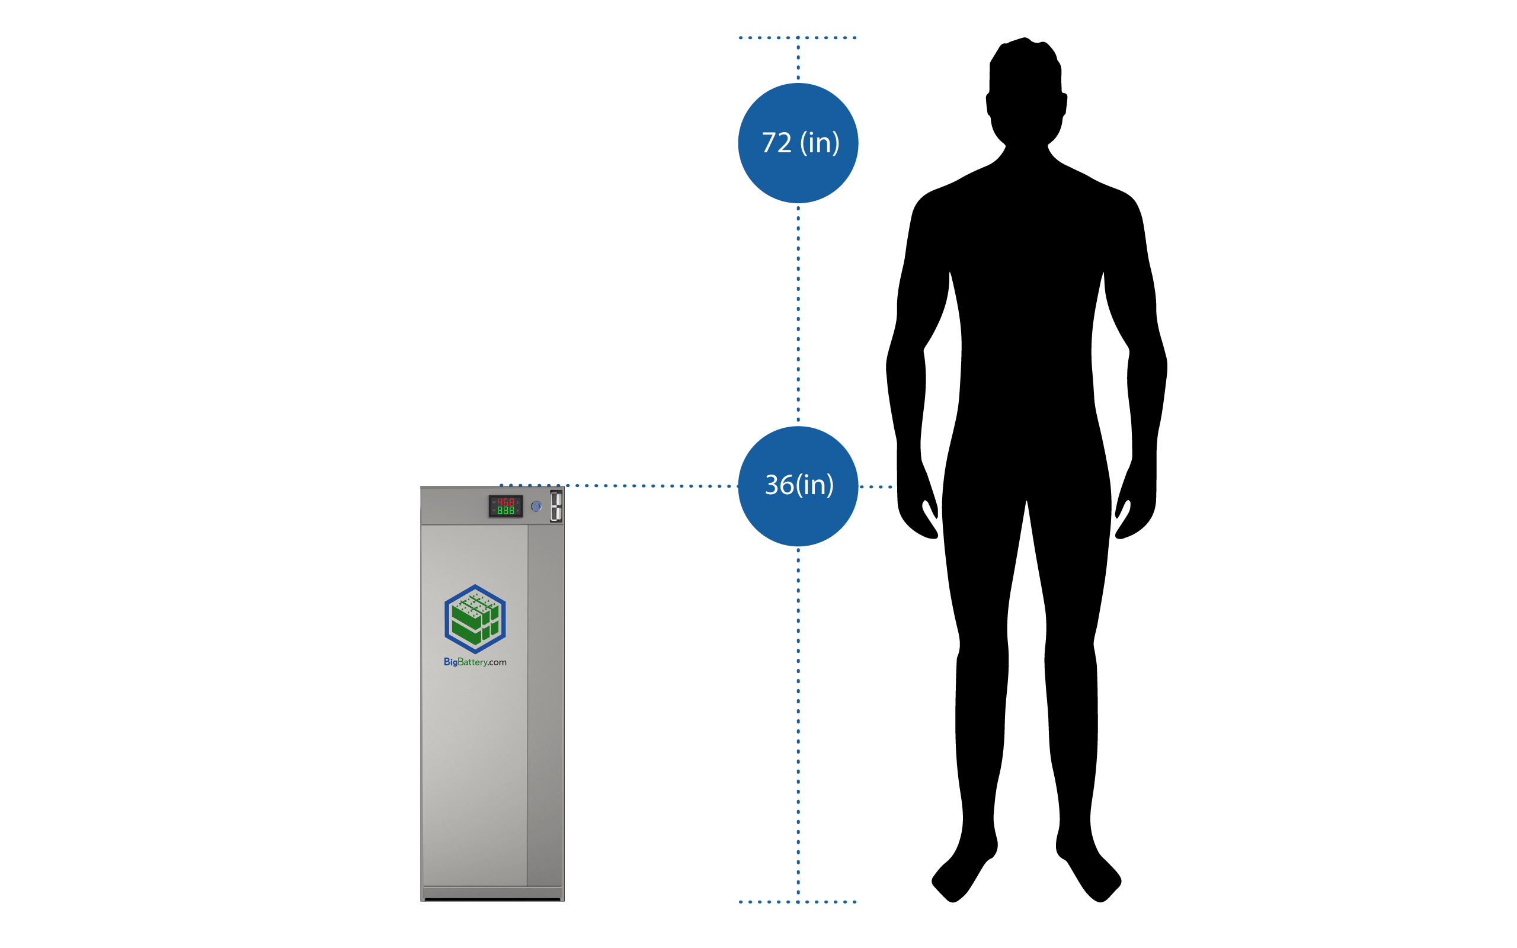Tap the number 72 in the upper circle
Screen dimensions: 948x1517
pyautogui.click(x=776, y=143)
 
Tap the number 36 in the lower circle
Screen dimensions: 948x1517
pyautogui.click(x=779, y=485)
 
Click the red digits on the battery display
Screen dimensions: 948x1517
pyautogui.click(x=505, y=502)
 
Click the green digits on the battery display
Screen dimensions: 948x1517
pyautogui.click(x=505, y=510)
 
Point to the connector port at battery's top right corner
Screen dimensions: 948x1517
pyautogui.click(x=555, y=505)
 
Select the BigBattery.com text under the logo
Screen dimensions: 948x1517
pyautogui.click(x=475, y=662)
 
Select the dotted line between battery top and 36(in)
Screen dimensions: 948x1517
pyautogui.click(x=652, y=485)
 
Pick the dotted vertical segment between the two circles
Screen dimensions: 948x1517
pyautogui.click(x=798, y=313)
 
